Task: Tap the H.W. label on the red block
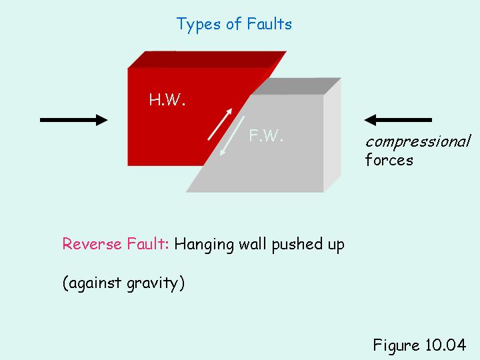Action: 167,101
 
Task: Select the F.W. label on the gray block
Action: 267,136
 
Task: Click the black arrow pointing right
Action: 74,120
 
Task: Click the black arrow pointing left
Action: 398,120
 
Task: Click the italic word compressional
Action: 418,141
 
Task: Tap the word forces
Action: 389,160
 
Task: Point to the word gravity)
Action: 157,283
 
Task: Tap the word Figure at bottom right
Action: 395,345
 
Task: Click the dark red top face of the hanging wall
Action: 207,59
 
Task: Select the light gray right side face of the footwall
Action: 332,140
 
